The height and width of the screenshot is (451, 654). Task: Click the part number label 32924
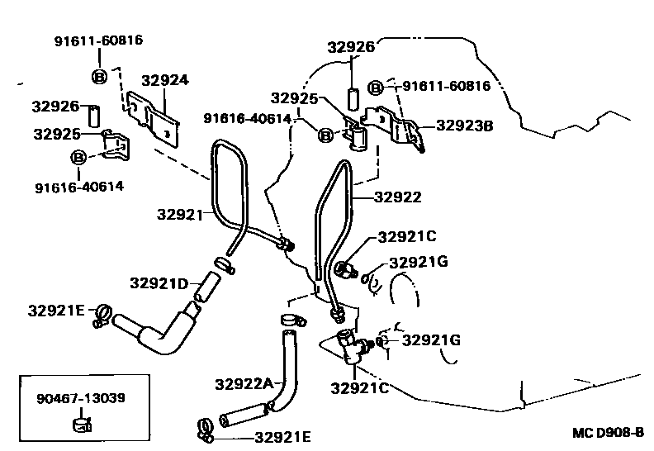(x=164, y=80)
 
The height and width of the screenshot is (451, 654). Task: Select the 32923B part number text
(x=464, y=126)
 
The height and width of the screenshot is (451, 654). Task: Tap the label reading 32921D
(x=159, y=282)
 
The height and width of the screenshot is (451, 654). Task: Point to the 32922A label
(x=244, y=383)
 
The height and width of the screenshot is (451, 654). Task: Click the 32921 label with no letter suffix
(x=179, y=215)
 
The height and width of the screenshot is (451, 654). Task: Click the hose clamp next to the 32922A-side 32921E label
(x=206, y=430)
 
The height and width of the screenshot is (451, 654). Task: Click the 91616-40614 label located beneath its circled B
(x=78, y=186)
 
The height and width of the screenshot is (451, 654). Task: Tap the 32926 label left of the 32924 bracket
(x=55, y=106)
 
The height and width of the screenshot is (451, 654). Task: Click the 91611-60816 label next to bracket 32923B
(x=446, y=86)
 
